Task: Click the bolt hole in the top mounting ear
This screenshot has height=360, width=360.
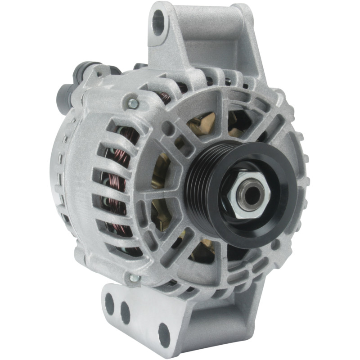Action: pyautogui.click(x=158, y=22)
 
